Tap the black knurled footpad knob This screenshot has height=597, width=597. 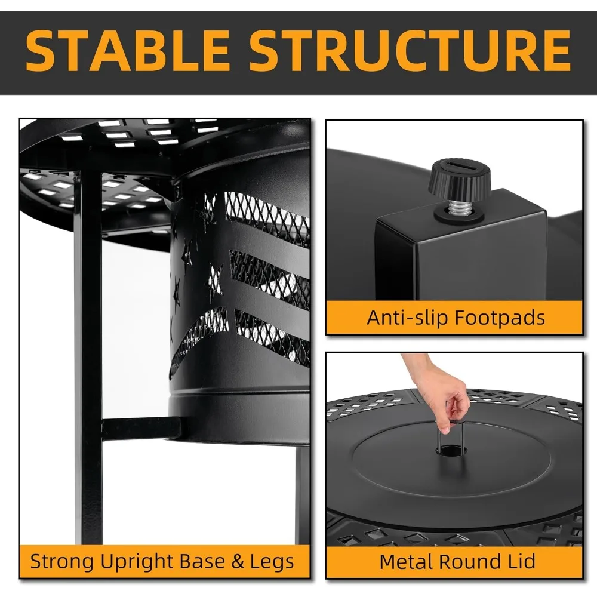(459, 178)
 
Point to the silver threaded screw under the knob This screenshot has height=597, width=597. (458, 207)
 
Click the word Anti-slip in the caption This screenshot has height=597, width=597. (408, 317)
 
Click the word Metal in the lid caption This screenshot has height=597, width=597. (408, 561)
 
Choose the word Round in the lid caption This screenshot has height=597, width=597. (469, 561)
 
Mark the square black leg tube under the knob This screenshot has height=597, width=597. (460, 251)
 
